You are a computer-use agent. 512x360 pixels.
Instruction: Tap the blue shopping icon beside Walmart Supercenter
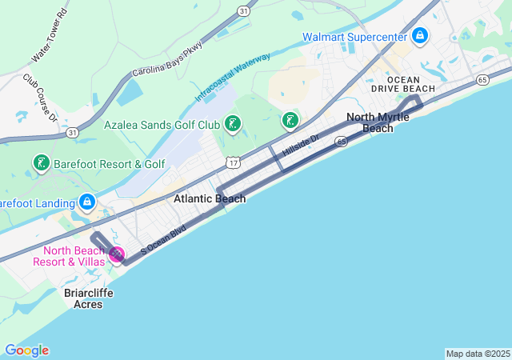pos(420,36)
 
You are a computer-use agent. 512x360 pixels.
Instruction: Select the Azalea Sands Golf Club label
pos(162,125)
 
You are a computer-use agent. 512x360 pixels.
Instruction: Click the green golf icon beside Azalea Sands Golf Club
pos(232,123)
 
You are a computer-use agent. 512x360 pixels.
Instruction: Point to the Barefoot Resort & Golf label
pos(110,164)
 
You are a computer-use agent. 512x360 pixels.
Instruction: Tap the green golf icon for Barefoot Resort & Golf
pos(41,164)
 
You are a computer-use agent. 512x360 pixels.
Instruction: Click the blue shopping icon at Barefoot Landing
pos(86,202)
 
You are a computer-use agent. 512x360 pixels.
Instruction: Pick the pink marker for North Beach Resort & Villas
pos(117,255)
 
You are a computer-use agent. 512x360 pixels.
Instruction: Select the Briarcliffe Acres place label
pos(89,298)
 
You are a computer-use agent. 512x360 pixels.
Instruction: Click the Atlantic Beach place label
pos(210,198)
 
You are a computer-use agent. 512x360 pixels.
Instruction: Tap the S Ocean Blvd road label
pos(163,240)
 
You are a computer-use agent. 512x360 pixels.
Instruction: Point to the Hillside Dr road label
pos(301,145)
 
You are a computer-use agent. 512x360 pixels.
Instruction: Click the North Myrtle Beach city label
pos(378,122)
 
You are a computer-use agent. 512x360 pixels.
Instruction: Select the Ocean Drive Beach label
pos(410,84)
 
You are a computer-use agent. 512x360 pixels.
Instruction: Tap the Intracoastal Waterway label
pos(233,77)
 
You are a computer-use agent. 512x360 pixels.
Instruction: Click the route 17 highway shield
pos(231,162)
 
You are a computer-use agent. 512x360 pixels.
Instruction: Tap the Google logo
pos(26,350)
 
